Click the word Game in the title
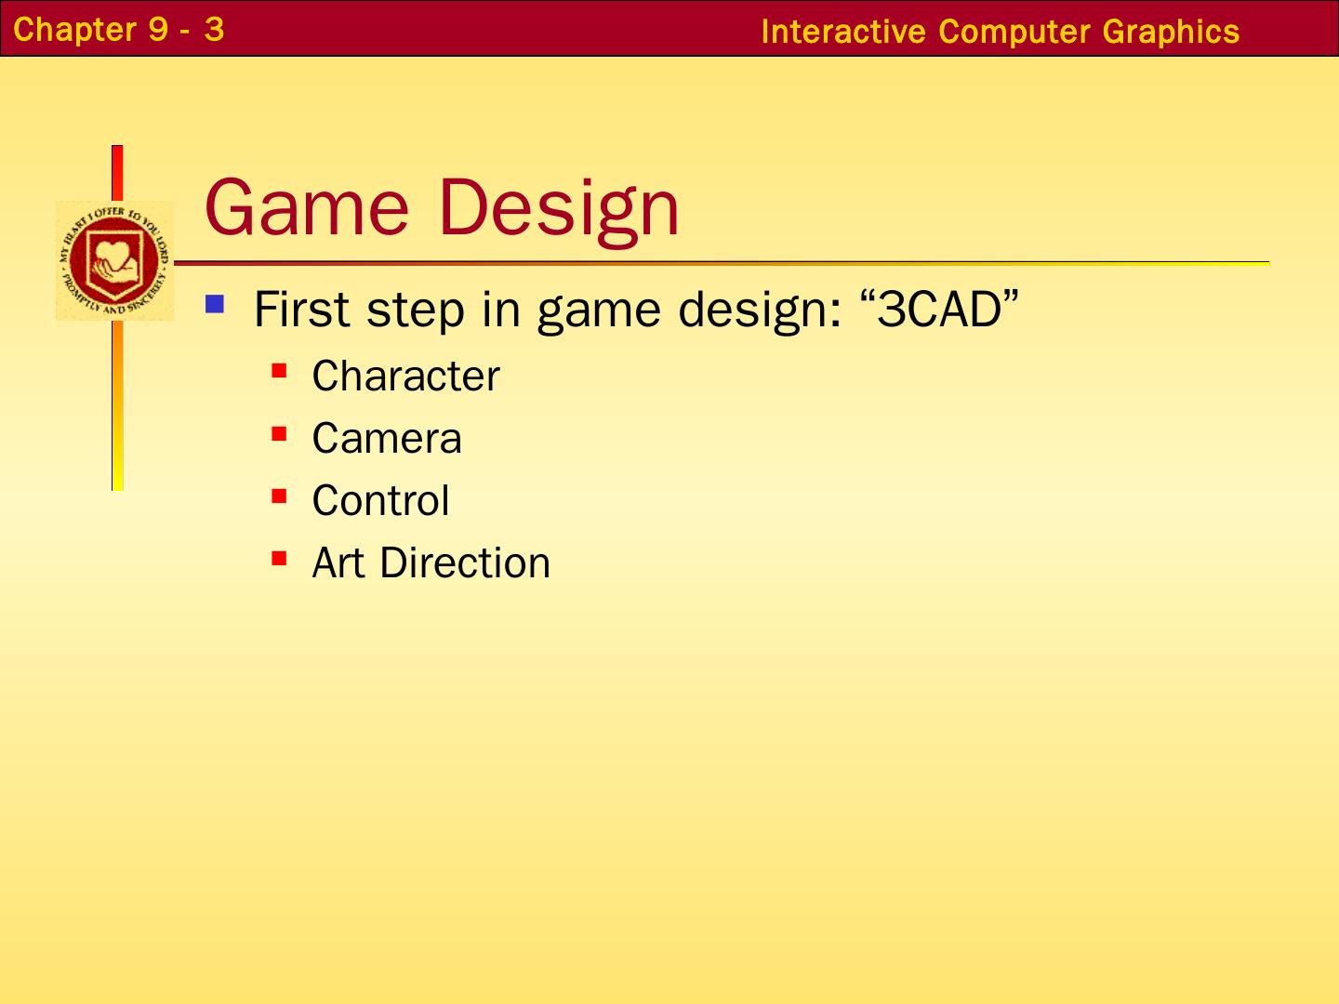click(307, 206)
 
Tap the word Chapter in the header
click(74, 31)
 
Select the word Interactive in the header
click(843, 32)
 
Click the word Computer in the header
click(1014, 33)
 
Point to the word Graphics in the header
click(1171, 33)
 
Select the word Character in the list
click(405, 376)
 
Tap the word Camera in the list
click(387, 438)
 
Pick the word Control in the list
click(380, 500)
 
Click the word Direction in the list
click(465, 562)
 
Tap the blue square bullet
click(215, 304)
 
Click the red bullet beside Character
click(279, 371)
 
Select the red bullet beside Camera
click(279, 433)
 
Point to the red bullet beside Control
click(279, 495)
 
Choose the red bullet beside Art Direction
click(279, 559)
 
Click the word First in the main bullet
click(302, 310)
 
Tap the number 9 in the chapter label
click(158, 30)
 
